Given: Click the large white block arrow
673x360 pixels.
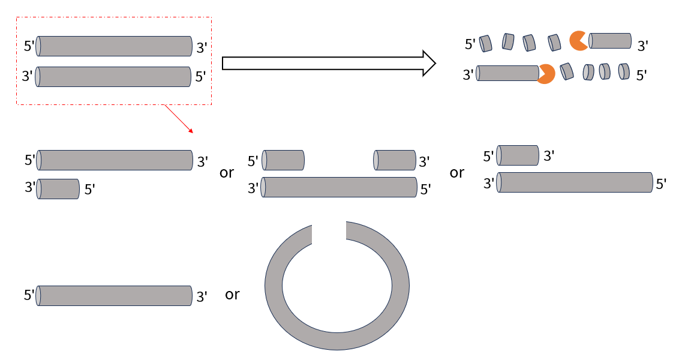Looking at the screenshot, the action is point(329,64).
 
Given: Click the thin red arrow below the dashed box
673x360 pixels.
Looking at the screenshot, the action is point(179,119).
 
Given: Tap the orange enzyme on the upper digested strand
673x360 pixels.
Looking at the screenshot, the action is point(579,41).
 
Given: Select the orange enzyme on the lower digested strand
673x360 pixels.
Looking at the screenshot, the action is point(546,74).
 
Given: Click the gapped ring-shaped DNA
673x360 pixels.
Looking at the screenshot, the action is point(337,286).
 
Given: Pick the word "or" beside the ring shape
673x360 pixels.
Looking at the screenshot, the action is point(232,295).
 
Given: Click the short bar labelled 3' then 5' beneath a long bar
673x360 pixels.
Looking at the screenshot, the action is point(58,189).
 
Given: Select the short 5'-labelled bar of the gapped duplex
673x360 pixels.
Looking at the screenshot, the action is point(283,160).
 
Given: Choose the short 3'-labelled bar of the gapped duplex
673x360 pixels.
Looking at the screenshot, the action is point(395,160).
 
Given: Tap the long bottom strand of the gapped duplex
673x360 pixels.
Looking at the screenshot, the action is point(339,187).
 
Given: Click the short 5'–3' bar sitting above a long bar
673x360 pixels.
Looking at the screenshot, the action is point(518,155).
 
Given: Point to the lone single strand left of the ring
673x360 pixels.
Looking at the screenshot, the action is point(114,296).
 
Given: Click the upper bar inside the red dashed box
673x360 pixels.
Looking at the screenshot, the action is point(114,46).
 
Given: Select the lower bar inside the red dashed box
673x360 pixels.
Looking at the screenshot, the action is point(113,77).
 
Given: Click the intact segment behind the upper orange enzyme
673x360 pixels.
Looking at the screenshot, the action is point(610,41).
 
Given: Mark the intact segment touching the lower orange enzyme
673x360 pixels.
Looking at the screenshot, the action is point(508,73).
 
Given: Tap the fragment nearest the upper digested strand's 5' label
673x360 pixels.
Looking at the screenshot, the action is point(485,43).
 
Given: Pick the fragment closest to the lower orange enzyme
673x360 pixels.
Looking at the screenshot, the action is point(567,71).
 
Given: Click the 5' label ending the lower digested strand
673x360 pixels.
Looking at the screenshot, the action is point(641,76).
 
